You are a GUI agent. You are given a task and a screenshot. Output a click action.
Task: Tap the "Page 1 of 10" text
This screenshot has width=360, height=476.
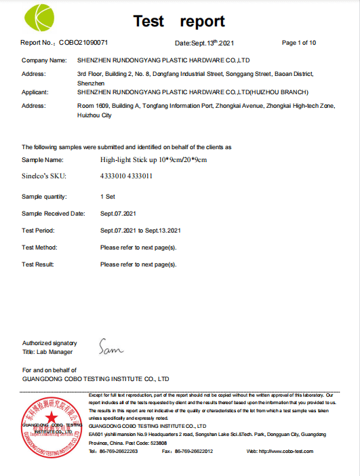click(x=298, y=43)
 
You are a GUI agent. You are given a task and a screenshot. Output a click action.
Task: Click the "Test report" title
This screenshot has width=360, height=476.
click(x=179, y=21)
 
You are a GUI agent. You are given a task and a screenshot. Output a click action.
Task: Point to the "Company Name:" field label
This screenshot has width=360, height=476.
click(x=44, y=60)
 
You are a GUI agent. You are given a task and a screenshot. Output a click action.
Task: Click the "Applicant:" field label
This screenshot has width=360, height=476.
click(x=37, y=92)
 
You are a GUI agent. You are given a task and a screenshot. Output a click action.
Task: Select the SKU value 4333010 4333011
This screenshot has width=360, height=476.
click(x=126, y=176)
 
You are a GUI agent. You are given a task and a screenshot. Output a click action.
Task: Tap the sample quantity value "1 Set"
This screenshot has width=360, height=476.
click(x=107, y=196)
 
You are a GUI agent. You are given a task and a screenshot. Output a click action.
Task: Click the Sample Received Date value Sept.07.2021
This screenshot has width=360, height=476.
click(x=118, y=213)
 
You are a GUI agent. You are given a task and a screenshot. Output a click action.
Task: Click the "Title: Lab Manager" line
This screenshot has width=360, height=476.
click(x=47, y=352)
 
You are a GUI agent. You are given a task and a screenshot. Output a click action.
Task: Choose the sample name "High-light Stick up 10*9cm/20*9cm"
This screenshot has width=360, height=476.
click(x=153, y=159)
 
